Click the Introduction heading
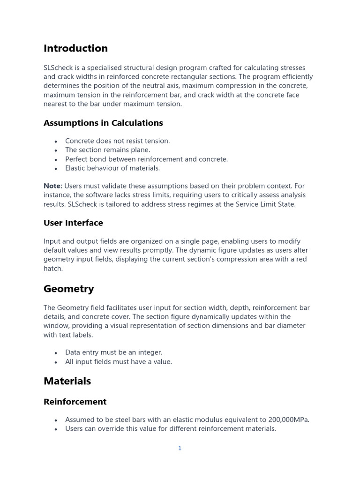point(75,48)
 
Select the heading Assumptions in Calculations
point(103,123)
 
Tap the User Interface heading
point(73,223)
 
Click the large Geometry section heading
point(68,289)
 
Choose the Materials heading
point(67,381)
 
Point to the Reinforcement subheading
point(75,402)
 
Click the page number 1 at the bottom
point(180,449)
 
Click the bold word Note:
point(53,186)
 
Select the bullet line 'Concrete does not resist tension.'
point(117,141)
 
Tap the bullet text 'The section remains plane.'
point(107,150)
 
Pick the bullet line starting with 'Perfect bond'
point(146,159)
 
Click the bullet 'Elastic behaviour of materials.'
point(112,168)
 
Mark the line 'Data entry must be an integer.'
point(113,352)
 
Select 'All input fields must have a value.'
point(119,362)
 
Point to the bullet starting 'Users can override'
point(170,429)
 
